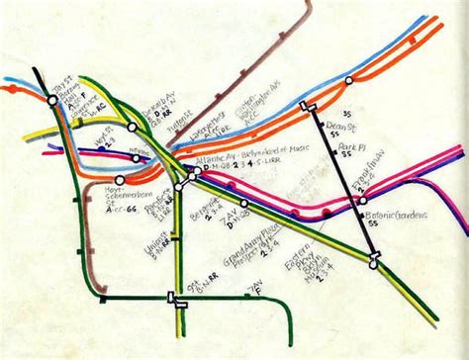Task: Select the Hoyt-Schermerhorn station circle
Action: pyautogui.click(x=119, y=181)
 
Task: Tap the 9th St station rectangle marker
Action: pyautogui.click(x=180, y=304)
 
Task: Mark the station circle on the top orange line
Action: pyautogui.click(x=348, y=79)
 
